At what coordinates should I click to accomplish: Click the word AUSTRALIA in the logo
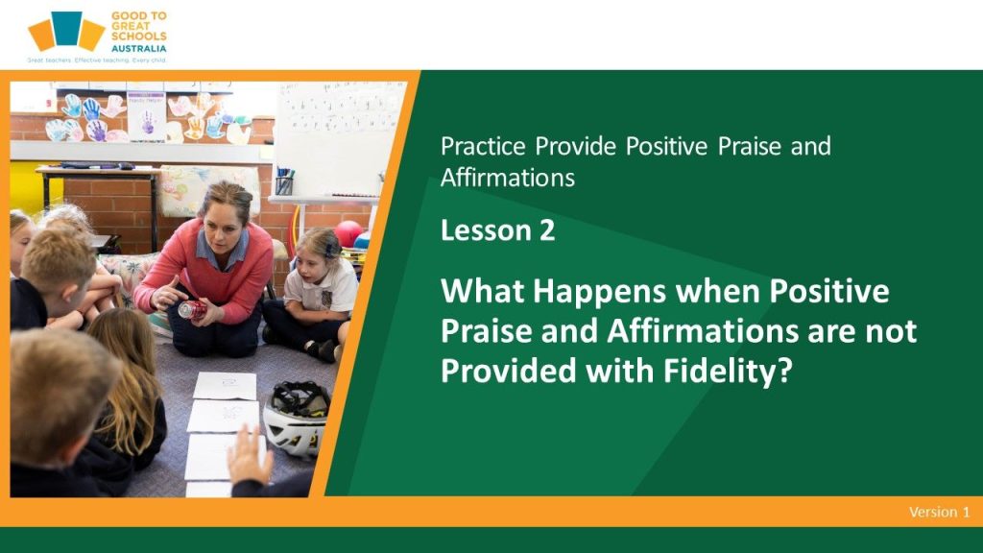(x=138, y=48)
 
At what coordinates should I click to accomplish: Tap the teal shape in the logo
(x=66, y=28)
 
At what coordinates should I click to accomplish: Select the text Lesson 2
(x=498, y=230)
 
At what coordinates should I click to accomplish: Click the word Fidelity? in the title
(x=728, y=371)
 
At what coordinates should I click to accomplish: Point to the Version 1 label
(x=939, y=512)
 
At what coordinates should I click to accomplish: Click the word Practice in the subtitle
(x=483, y=146)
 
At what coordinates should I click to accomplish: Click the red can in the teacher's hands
(x=192, y=309)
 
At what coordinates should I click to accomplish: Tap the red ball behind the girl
(x=348, y=233)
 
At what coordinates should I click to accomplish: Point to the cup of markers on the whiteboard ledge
(x=284, y=181)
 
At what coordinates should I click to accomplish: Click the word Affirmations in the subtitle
(x=508, y=178)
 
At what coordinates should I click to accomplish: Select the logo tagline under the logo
(x=97, y=60)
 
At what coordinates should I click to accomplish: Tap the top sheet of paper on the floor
(x=225, y=386)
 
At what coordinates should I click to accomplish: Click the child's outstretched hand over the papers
(x=249, y=455)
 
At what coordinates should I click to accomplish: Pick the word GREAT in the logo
(x=131, y=26)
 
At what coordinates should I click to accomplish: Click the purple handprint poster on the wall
(x=147, y=116)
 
